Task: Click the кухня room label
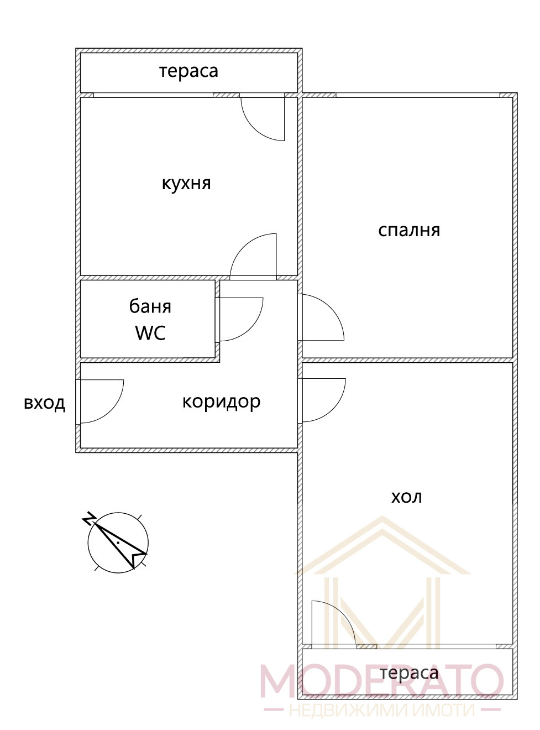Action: [x=186, y=183]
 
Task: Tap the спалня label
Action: [x=409, y=230]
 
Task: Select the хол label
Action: [x=406, y=497]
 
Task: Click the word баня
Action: [x=150, y=306]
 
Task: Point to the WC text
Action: [x=150, y=333]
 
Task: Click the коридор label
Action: [x=221, y=401]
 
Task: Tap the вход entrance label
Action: [x=44, y=403]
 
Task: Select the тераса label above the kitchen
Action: [x=188, y=71]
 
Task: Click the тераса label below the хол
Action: [x=409, y=673]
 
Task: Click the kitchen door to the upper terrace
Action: [x=263, y=118]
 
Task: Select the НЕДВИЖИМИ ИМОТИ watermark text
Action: [x=381, y=710]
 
